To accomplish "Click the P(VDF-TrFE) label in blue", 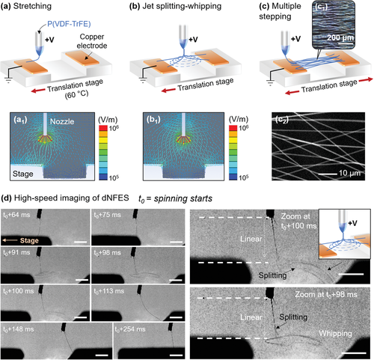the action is point(69,24).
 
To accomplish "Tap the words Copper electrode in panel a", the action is point(92,41).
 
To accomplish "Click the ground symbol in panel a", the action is point(8,80).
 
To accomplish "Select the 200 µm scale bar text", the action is point(340,37).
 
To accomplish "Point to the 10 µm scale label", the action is point(349,173).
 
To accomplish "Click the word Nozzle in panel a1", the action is point(62,121).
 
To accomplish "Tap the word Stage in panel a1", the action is point(22,174).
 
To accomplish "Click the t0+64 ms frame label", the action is point(16,215).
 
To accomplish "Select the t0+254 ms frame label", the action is point(130,329).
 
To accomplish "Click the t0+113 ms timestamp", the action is point(108,291).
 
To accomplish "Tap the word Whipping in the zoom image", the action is point(335,334).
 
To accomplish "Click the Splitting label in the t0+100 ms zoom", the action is point(272,275).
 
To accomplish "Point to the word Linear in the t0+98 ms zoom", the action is point(251,317).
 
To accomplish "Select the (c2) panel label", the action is point(282,120).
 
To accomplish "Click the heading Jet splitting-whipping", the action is point(182,6).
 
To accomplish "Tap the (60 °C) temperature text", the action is point(76,95).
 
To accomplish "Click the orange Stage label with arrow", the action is point(20,240).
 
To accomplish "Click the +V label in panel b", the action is point(193,40).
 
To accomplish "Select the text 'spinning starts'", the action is point(183,198).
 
